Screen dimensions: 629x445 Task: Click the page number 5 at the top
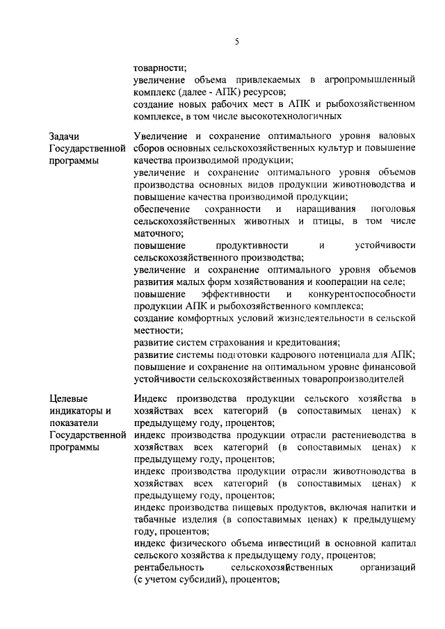(236, 42)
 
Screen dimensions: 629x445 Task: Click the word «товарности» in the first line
(159, 67)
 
